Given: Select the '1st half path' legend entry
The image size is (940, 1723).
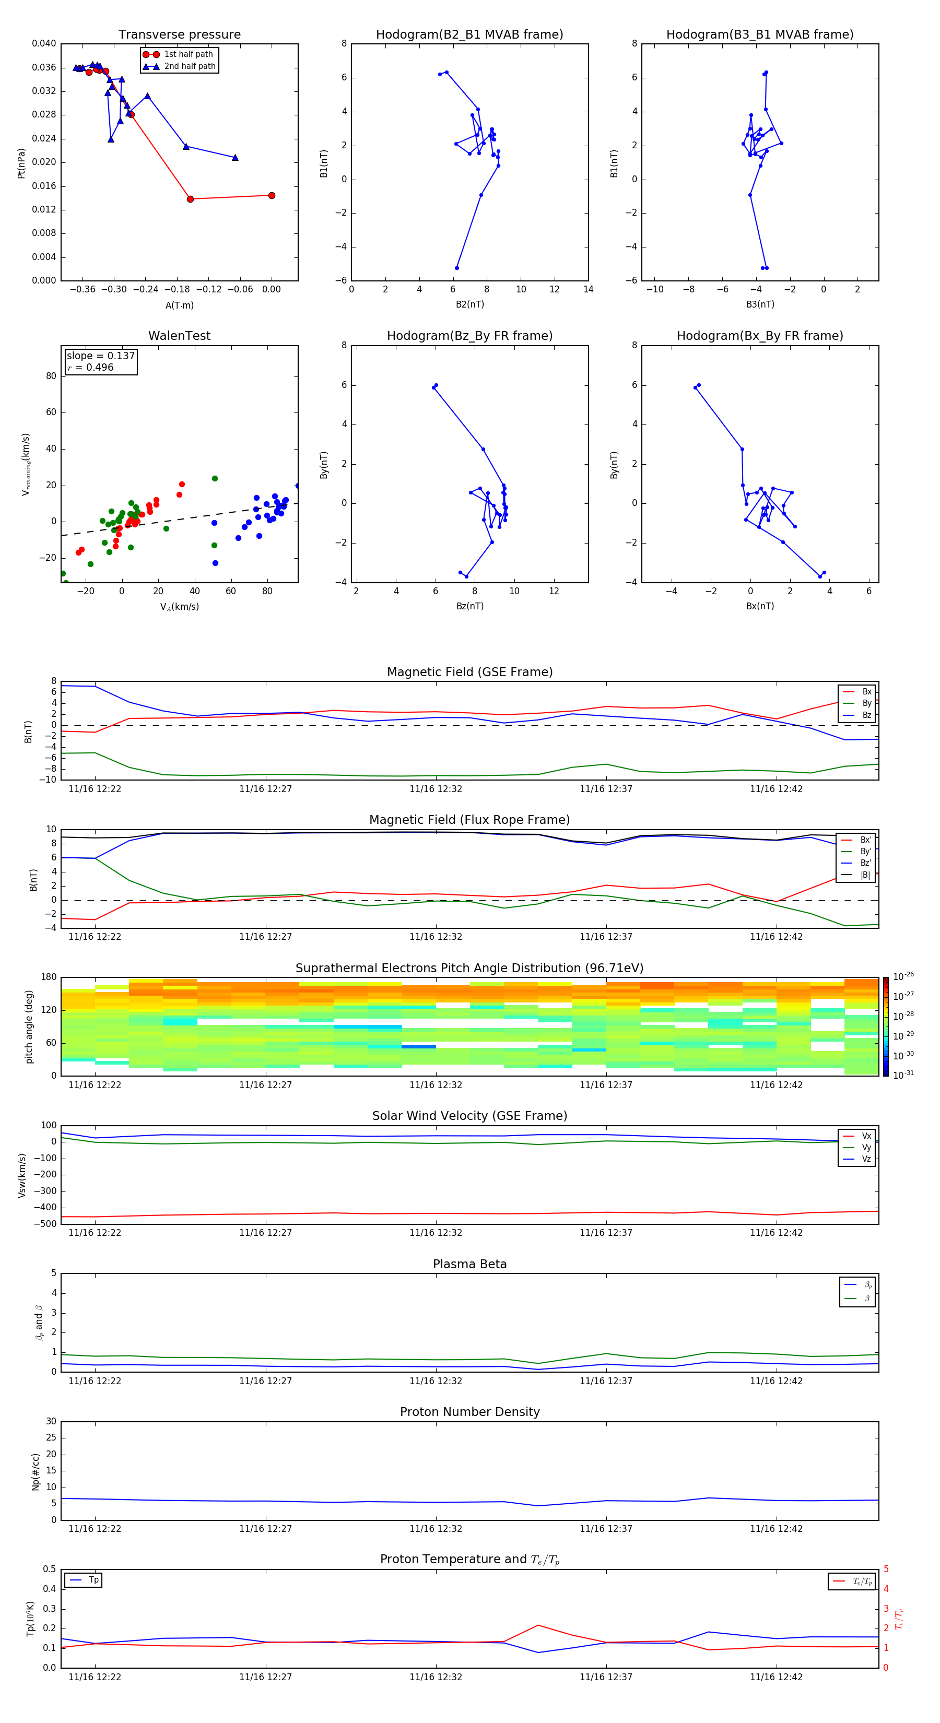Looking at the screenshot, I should (188, 54).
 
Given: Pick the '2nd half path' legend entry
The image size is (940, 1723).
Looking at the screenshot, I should (190, 66).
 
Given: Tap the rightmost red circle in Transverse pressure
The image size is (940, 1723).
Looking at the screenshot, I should (272, 195).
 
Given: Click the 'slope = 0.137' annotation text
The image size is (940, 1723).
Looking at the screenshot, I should (100, 356).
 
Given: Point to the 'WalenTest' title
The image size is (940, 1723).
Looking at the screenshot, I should (179, 336).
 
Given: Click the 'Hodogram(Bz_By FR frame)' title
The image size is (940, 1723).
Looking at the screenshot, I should (469, 336).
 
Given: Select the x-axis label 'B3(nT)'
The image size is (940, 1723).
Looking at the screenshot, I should (760, 304).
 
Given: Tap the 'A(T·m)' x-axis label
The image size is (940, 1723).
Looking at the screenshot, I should (179, 305).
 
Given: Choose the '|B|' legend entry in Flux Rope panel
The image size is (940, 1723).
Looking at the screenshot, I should (865, 875).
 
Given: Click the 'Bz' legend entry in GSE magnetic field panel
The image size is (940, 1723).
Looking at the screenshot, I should (866, 715).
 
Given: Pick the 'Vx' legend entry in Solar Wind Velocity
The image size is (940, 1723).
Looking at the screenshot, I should (866, 1136).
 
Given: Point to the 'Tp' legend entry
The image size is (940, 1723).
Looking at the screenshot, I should (93, 1580).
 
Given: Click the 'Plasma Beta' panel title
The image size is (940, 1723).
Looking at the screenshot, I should (469, 1264).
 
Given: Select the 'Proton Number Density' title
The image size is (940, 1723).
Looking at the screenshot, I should (469, 1412).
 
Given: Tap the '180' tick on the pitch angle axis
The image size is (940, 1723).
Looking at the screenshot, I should (49, 977).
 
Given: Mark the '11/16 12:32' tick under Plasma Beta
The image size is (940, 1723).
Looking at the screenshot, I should (436, 1380).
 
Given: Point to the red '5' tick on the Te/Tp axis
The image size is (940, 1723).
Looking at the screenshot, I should (886, 1569).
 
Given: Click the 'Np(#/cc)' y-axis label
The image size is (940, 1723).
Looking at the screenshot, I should (36, 1471).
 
